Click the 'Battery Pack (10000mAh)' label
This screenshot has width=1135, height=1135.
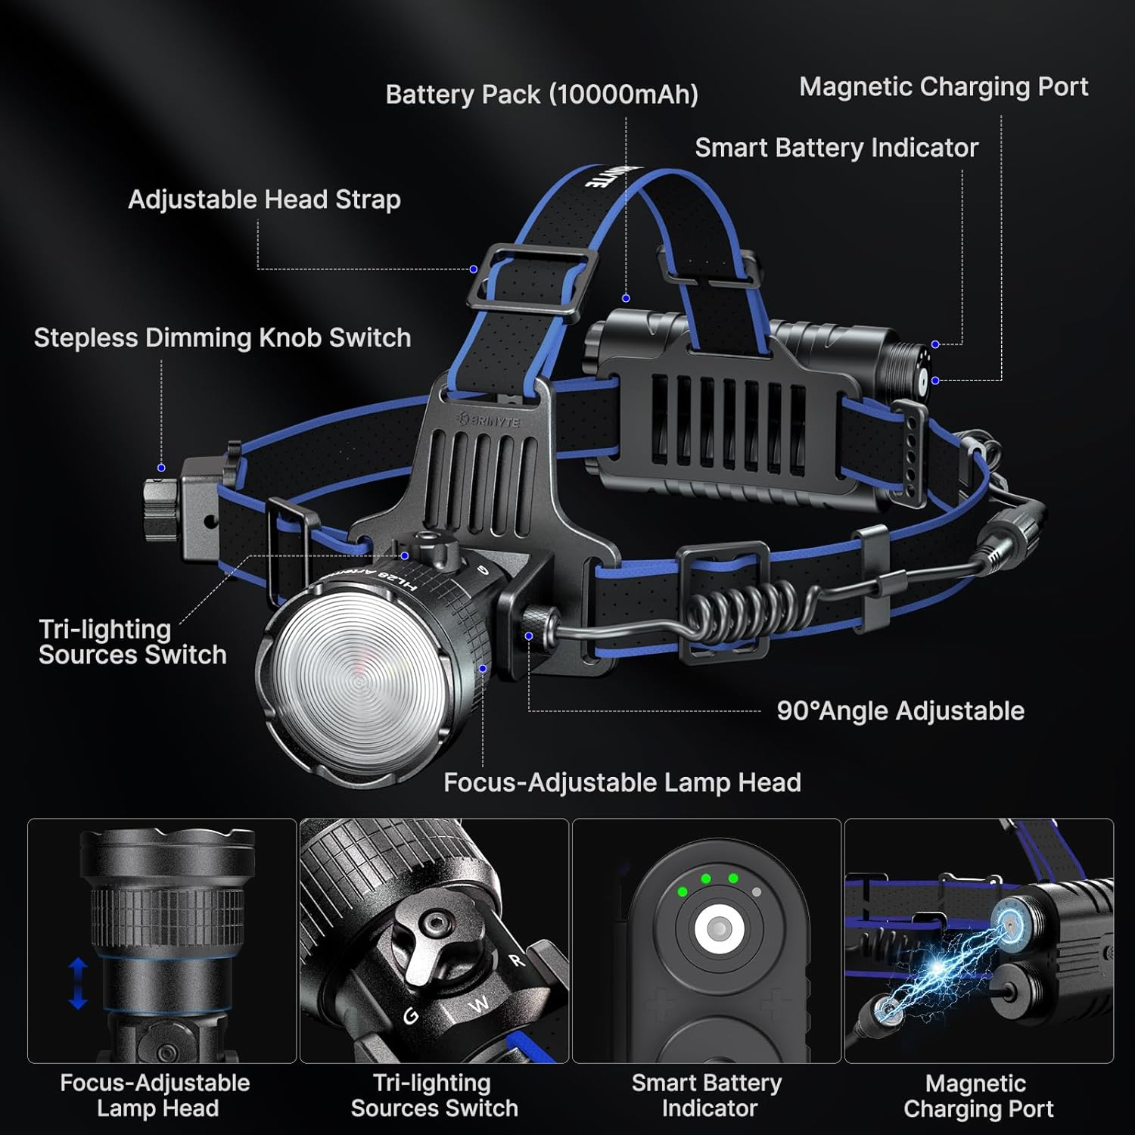coord(542,95)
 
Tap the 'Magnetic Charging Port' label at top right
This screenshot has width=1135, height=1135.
coord(944,87)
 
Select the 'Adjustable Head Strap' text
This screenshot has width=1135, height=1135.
coord(264,200)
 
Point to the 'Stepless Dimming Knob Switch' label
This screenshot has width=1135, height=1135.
coord(222,337)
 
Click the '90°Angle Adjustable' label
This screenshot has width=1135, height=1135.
coord(900,711)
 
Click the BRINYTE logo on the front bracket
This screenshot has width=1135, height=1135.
coord(489,420)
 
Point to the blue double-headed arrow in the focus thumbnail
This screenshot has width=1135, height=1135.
coord(78,983)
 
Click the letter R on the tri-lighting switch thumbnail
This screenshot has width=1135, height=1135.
coord(517,961)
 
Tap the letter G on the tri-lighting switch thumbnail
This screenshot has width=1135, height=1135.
coord(411,1016)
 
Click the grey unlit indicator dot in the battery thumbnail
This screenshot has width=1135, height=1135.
coord(757,892)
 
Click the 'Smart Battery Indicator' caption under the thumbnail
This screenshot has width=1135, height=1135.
coord(707,1096)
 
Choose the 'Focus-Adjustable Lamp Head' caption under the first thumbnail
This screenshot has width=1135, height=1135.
coord(155,1096)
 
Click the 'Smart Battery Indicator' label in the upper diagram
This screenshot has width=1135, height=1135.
coord(837,148)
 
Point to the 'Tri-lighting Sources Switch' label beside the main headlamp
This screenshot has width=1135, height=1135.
coord(132,642)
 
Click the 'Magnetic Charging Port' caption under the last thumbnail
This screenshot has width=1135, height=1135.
coord(978,1096)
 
